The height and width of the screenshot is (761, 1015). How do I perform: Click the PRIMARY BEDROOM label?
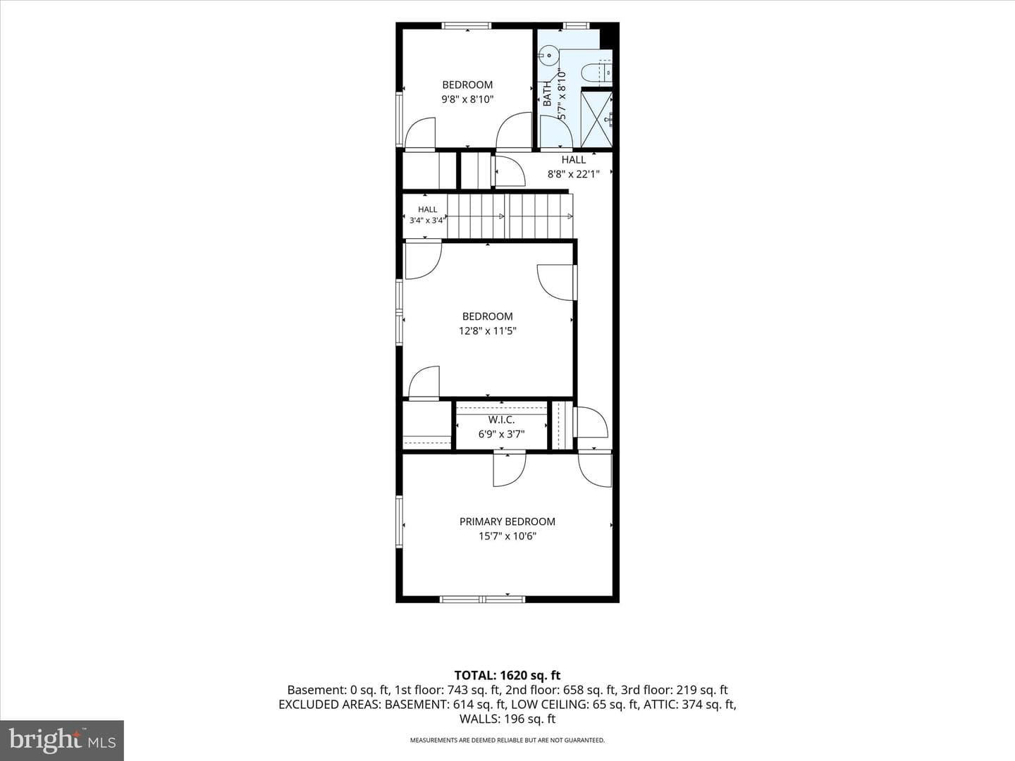pos(508,521)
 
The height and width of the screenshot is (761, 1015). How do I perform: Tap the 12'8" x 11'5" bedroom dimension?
pos(487,331)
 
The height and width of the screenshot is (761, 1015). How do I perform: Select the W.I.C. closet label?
pos(501,420)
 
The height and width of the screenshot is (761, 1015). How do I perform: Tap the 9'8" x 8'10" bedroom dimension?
pos(467,99)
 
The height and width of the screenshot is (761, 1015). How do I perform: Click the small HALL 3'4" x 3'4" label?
pos(427,216)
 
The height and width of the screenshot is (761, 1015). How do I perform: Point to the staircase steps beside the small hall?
pos(510,216)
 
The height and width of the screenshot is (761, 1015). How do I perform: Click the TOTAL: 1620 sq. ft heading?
pos(508,676)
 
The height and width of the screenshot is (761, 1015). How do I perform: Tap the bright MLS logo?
pos(62,741)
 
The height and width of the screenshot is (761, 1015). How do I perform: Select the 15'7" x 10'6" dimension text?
pos(508,536)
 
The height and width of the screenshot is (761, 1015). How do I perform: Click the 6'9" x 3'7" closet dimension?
pos(501,434)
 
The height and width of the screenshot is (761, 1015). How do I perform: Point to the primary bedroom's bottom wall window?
pos(482,599)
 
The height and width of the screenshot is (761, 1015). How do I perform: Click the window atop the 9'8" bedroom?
pos(466,25)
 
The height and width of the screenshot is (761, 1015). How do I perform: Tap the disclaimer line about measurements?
pos(508,740)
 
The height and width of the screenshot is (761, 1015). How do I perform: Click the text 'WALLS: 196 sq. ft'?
pos(508,719)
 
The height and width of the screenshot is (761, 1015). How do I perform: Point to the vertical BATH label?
pos(547,94)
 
